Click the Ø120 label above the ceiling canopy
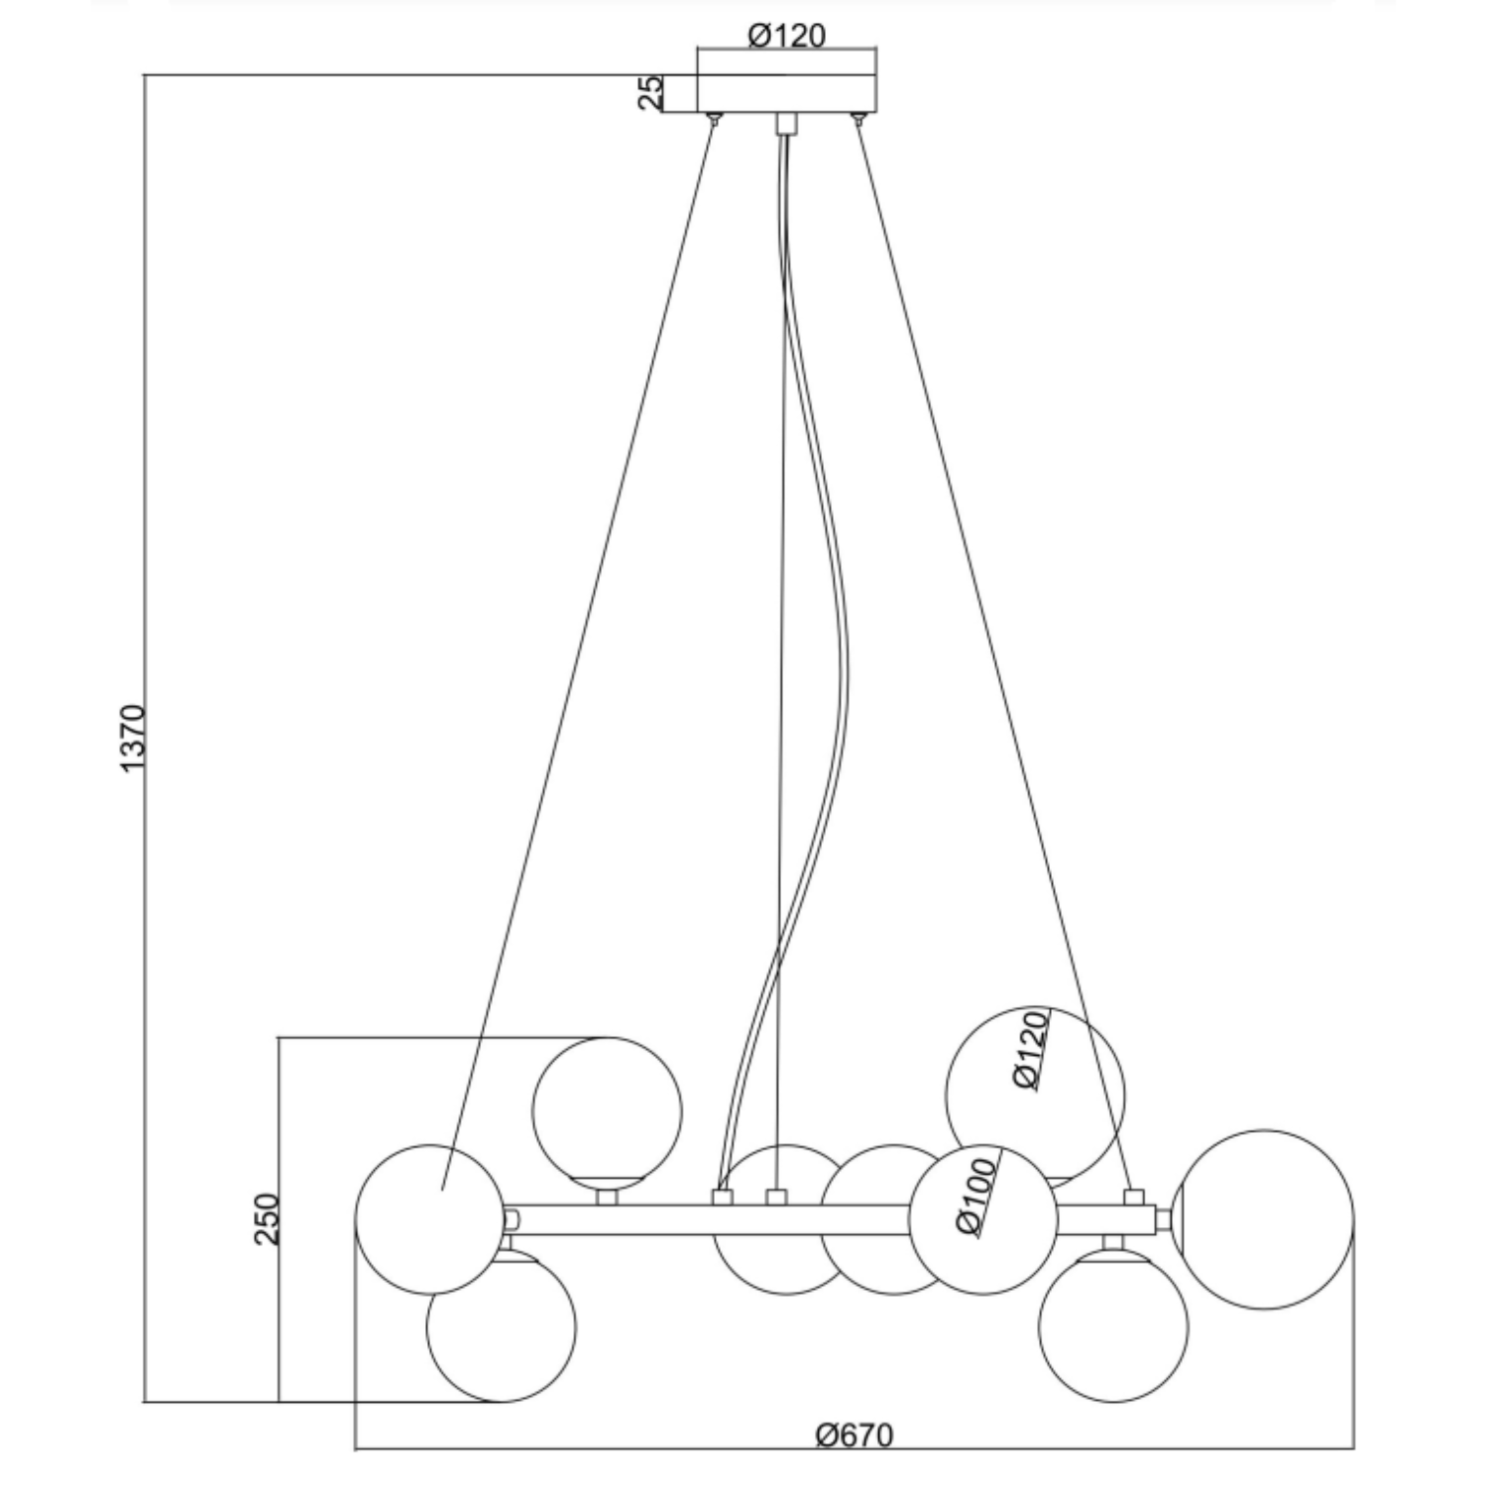[786, 36]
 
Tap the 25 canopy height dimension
[649, 93]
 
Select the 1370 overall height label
[132, 739]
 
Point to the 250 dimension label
[267, 1218]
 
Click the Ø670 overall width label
[855, 1434]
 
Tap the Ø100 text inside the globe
[977, 1196]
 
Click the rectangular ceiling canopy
[787, 94]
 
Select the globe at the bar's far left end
[430, 1219]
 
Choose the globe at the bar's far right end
[1264, 1219]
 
